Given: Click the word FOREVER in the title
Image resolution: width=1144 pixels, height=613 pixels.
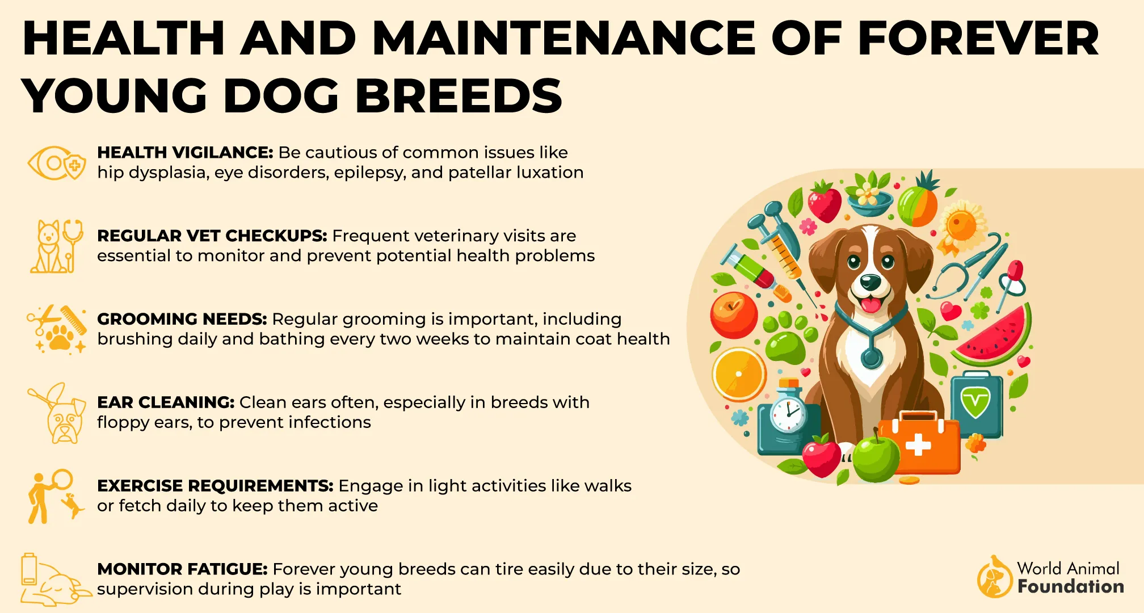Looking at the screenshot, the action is point(978,39).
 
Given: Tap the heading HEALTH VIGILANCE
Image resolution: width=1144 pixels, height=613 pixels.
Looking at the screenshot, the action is point(185,152).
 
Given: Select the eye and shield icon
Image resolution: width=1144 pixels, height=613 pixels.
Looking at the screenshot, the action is point(57,163).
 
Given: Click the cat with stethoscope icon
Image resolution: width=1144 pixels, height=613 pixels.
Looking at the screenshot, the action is point(56,246).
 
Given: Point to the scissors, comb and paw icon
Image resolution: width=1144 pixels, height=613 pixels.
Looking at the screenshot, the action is point(56,329).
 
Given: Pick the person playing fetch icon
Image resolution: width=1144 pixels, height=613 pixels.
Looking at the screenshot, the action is point(55,496).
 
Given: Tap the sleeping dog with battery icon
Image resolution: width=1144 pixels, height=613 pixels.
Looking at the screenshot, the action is point(55,580).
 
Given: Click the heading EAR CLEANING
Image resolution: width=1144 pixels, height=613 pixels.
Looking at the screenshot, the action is point(166,402).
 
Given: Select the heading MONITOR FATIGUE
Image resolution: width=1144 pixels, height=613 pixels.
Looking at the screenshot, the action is point(182,569).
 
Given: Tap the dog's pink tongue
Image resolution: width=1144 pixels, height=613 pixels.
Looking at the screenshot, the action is point(870,305).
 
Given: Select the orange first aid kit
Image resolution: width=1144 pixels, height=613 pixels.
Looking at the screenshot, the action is point(919,443).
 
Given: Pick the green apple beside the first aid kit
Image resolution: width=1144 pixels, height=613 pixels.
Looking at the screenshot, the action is point(876,457).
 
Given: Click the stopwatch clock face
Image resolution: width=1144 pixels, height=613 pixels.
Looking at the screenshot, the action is point(788,414).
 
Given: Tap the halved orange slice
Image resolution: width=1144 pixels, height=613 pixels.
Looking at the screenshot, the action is point(739,374).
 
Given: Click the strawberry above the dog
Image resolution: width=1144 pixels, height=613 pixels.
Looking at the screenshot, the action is point(824,202).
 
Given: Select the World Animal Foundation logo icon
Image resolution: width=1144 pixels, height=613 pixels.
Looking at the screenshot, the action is point(994,577).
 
